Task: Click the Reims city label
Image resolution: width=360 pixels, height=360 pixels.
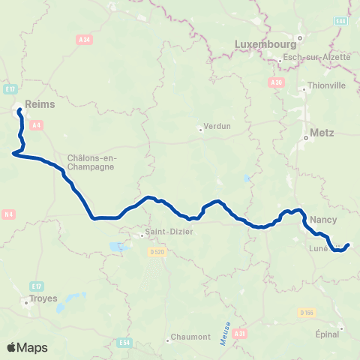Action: [x=40, y=105]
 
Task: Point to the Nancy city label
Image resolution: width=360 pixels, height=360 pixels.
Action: [x=323, y=220]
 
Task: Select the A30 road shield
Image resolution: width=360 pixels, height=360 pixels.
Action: [x=277, y=82]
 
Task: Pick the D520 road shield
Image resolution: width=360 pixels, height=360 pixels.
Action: [x=157, y=253]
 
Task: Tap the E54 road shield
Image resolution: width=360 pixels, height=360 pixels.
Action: [x=125, y=343]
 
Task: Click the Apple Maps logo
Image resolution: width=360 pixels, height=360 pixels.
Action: [x=28, y=347]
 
